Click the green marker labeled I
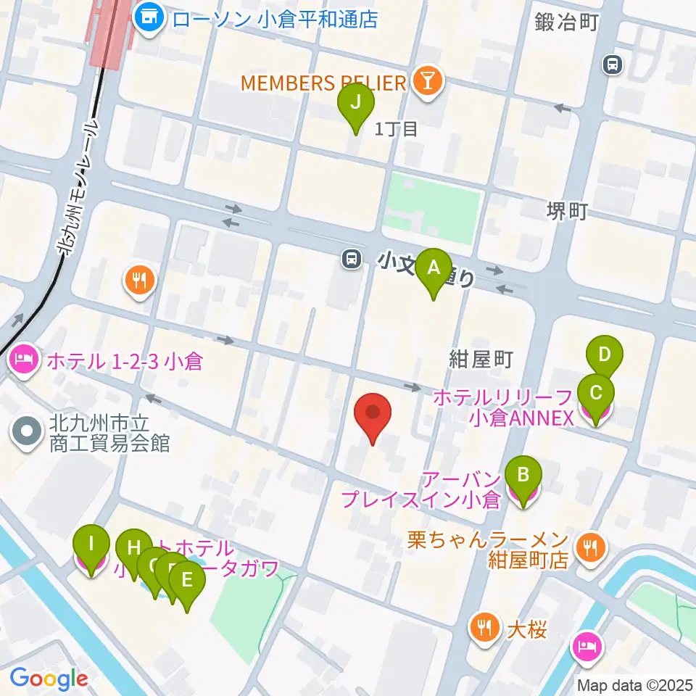[91, 544]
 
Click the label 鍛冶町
[566, 22]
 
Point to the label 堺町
[566, 212]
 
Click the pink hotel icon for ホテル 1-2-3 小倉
[23, 361]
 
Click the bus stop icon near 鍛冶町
[613, 65]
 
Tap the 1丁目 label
[396, 129]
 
